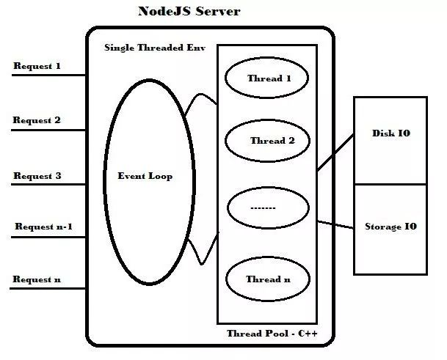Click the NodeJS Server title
[189, 12]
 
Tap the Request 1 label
[37, 66]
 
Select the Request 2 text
[37, 120]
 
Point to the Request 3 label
[37, 176]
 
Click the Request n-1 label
[43, 227]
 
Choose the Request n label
[37, 279]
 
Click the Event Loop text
[145, 176]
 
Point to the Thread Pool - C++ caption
[272, 333]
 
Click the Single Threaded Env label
[155, 48]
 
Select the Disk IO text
[391, 133]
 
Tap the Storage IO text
[390, 227]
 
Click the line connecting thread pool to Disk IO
[335, 153]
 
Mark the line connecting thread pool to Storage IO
[335, 224]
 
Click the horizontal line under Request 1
[48, 76]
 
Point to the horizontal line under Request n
[48, 288]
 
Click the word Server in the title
[218, 12]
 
